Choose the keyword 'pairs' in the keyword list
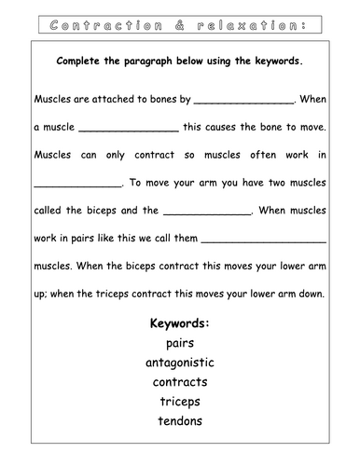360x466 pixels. pyautogui.click(x=180, y=343)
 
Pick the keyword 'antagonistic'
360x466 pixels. pyautogui.click(x=180, y=363)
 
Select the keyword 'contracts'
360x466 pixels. pyautogui.click(x=180, y=382)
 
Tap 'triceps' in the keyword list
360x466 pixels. pyautogui.click(x=180, y=402)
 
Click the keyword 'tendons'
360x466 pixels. pyautogui.click(x=180, y=421)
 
